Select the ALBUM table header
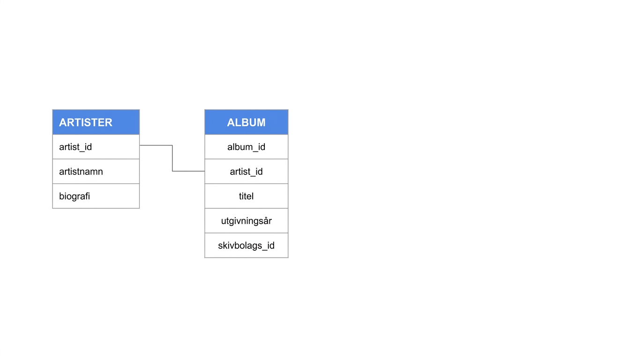click(246, 122)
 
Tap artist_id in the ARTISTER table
click(75, 147)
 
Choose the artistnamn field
click(81, 172)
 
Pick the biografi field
click(75, 196)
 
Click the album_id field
click(246, 147)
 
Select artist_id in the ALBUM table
click(246, 172)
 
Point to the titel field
click(246, 196)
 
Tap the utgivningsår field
click(246, 221)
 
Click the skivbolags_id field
click(246, 246)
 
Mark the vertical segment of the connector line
click(172, 158)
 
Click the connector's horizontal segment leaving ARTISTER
click(156, 145)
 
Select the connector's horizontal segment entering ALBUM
click(188, 171)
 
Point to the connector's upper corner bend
click(172, 145)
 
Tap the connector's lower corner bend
click(172, 171)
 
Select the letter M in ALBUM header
click(261, 122)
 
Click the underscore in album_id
click(255, 151)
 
